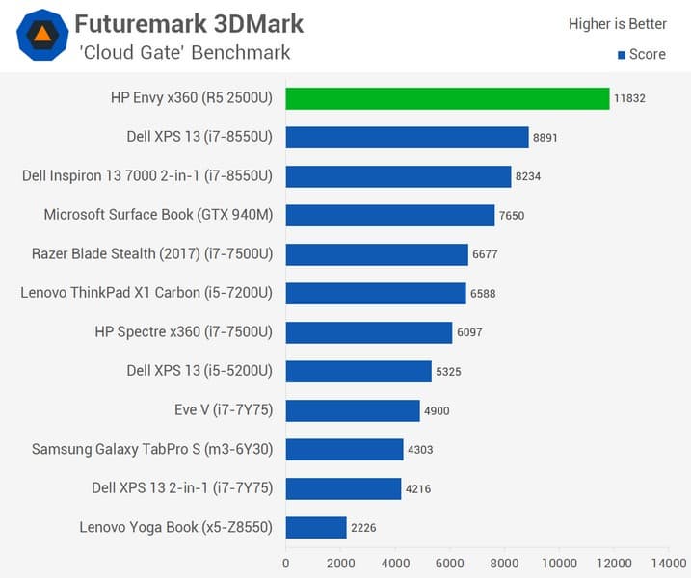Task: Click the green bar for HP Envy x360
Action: [447, 98]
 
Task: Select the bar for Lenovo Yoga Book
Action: [316, 528]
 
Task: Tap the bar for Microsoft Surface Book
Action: [390, 215]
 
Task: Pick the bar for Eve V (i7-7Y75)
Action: [353, 410]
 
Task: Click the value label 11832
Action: [631, 98]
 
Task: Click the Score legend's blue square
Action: [622, 55]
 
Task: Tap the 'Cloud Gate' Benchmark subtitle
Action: [184, 52]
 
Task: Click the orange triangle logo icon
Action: [41, 36]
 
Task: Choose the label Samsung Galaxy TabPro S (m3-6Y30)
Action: [152, 450]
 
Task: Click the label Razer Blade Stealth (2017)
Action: [152, 254]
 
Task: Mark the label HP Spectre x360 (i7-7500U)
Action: [184, 332]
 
